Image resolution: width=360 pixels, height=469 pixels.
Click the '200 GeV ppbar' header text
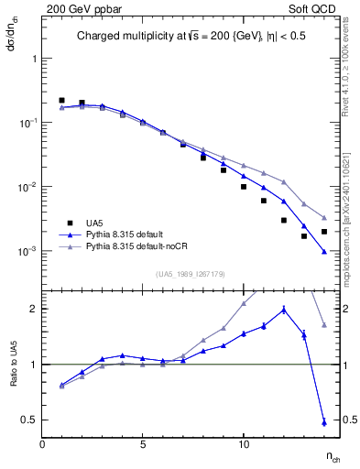click(x=80, y=8)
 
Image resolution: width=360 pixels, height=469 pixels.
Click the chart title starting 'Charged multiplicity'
click(x=183, y=38)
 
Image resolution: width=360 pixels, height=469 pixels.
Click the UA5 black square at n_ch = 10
click(x=244, y=187)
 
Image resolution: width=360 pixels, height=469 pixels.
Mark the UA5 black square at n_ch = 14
click(x=324, y=232)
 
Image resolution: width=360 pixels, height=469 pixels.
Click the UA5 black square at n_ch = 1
click(x=61, y=100)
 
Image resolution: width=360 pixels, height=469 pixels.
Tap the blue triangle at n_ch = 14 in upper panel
click(x=324, y=251)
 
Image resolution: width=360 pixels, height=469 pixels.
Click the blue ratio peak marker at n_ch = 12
click(x=284, y=310)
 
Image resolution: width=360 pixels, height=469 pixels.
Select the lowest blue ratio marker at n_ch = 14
click(x=324, y=422)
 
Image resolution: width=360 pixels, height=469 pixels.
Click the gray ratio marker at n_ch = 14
click(x=324, y=325)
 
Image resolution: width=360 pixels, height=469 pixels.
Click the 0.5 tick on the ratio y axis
click(x=30, y=420)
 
